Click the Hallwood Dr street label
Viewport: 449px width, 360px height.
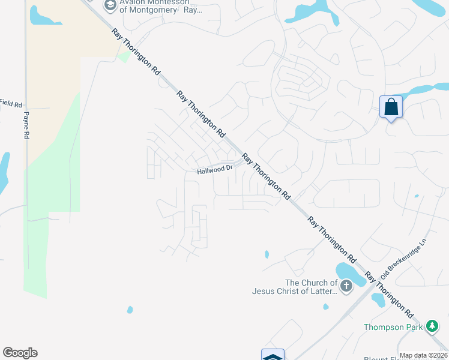click(x=215, y=170)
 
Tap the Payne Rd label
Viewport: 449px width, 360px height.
click(x=26, y=125)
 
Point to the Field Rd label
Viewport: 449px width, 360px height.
click(x=11, y=103)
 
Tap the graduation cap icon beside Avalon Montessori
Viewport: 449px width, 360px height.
click(x=109, y=6)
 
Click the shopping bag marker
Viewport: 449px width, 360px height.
click(x=391, y=107)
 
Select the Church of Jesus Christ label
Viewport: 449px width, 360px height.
click(x=311, y=287)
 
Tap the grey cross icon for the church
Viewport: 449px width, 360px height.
click(x=346, y=287)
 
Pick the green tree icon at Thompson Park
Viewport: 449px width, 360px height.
click(x=432, y=326)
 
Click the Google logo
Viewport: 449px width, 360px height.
click(x=20, y=353)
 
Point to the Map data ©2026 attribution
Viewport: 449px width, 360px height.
click(x=423, y=355)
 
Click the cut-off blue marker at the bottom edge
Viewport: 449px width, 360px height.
click(x=273, y=355)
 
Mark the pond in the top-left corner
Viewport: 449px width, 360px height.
click(x=43, y=16)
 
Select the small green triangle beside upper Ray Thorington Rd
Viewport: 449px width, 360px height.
click(x=124, y=57)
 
